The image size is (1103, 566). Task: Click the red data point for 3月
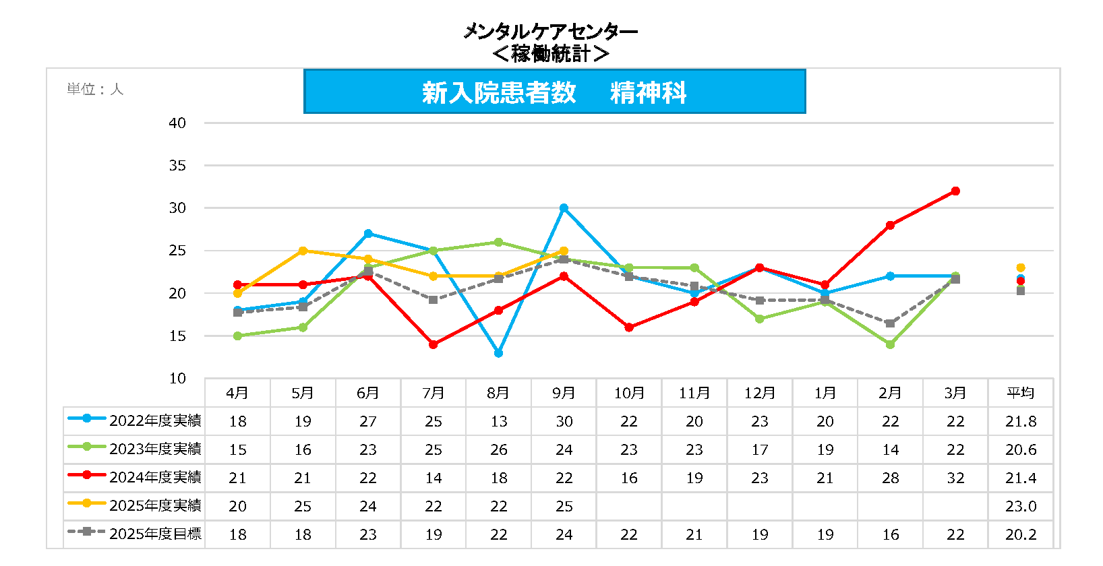(x=955, y=191)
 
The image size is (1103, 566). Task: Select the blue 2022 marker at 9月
(x=564, y=208)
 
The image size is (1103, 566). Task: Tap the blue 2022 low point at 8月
(x=498, y=353)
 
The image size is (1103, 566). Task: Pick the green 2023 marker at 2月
(x=890, y=344)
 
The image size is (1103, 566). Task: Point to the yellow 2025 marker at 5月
(x=303, y=251)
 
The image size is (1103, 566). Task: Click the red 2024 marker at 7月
(x=434, y=344)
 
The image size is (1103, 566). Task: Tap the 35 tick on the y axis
(x=177, y=166)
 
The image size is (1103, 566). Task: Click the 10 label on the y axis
(x=177, y=379)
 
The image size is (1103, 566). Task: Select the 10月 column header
(x=629, y=393)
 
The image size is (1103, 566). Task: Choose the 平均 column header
(x=1020, y=393)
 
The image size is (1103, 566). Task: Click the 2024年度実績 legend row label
(x=155, y=477)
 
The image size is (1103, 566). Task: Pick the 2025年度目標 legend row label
(x=155, y=534)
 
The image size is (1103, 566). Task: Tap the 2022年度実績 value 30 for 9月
(x=564, y=422)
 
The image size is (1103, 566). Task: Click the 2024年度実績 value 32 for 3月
(x=955, y=478)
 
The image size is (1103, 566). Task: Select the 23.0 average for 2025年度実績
(x=1020, y=507)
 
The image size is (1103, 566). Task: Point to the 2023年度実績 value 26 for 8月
(x=498, y=450)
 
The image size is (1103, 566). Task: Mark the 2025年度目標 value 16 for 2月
(x=890, y=535)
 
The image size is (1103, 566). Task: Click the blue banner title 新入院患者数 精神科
(x=554, y=92)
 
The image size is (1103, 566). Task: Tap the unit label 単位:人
(x=95, y=90)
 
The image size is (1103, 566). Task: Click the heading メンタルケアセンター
(x=550, y=32)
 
